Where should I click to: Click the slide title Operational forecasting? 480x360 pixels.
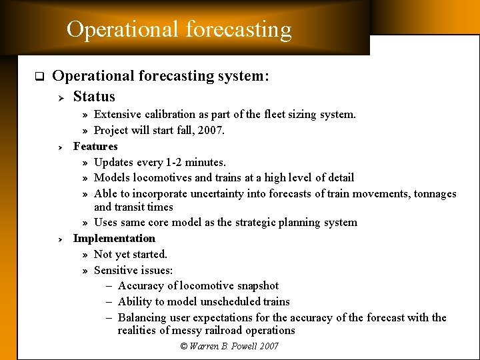[179, 29]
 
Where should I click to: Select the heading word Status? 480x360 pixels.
[94, 97]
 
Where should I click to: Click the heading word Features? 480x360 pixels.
[95, 147]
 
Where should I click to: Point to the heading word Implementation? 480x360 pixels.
[114, 239]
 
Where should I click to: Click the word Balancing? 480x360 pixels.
[143, 318]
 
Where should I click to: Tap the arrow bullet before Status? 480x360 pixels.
[59, 97]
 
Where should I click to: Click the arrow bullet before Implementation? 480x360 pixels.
[59, 239]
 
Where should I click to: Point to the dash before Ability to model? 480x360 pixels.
[109, 302]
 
